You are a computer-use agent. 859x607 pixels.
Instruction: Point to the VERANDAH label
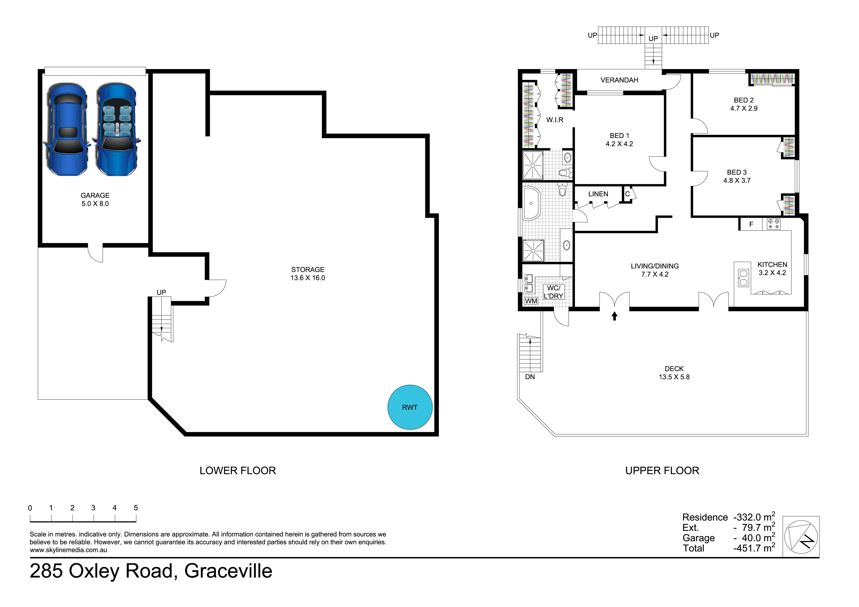tap(619, 80)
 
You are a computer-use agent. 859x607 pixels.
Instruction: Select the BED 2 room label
tap(744, 104)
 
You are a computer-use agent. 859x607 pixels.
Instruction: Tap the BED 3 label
tap(737, 176)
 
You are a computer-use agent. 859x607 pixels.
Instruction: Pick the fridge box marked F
tap(751, 224)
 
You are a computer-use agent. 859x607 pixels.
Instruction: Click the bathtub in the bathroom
tap(531, 203)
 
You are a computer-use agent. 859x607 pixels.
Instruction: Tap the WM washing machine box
tap(531, 301)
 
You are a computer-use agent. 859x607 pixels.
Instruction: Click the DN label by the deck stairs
tap(530, 377)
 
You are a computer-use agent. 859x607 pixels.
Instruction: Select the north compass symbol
tap(801, 537)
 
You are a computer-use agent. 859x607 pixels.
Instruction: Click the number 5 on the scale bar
tap(136, 508)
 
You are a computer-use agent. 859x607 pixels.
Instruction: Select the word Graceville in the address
tap(228, 571)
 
